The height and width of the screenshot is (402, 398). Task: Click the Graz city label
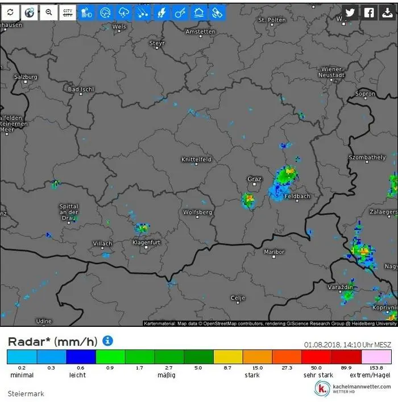pyautogui.click(x=254, y=179)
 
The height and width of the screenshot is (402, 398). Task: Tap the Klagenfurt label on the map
pyautogui.click(x=146, y=243)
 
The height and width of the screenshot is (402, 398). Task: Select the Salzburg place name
pyautogui.click(x=26, y=77)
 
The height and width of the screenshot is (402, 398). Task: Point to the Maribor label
pyautogui.click(x=274, y=252)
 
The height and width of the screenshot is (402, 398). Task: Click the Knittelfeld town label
pyautogui.click(x=196, y=159)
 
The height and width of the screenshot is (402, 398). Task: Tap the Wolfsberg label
pyautogui.click(x=197, y=212)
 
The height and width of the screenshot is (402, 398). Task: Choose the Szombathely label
pyautogui.click(x=367, y=157)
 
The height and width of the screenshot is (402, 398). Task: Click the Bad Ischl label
pyautogui.click(x=81, y=89)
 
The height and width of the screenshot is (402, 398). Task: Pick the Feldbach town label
pyautogui.click(x=297, y=196)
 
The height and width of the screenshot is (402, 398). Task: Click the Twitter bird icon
pyautogui.click(x=350, y=13)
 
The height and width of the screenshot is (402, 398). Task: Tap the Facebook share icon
pyautogui.click(x=369, y=13)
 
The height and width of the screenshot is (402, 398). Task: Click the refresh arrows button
pyautogui.click(x=11, y=12)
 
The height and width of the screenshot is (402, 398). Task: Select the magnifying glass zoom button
pyautogui.click(x=48, y=12)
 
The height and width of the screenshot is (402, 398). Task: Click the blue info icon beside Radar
pyautogui.click(x=107, y=341)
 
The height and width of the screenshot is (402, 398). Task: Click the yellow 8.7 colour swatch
pyautogui.click(x=227, y=356)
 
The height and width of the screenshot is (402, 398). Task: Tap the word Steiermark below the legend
pyautogui.click(x=26, y=393)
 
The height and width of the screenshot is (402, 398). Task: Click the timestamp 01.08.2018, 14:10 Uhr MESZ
pyautogui.click(x=347, y=344)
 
